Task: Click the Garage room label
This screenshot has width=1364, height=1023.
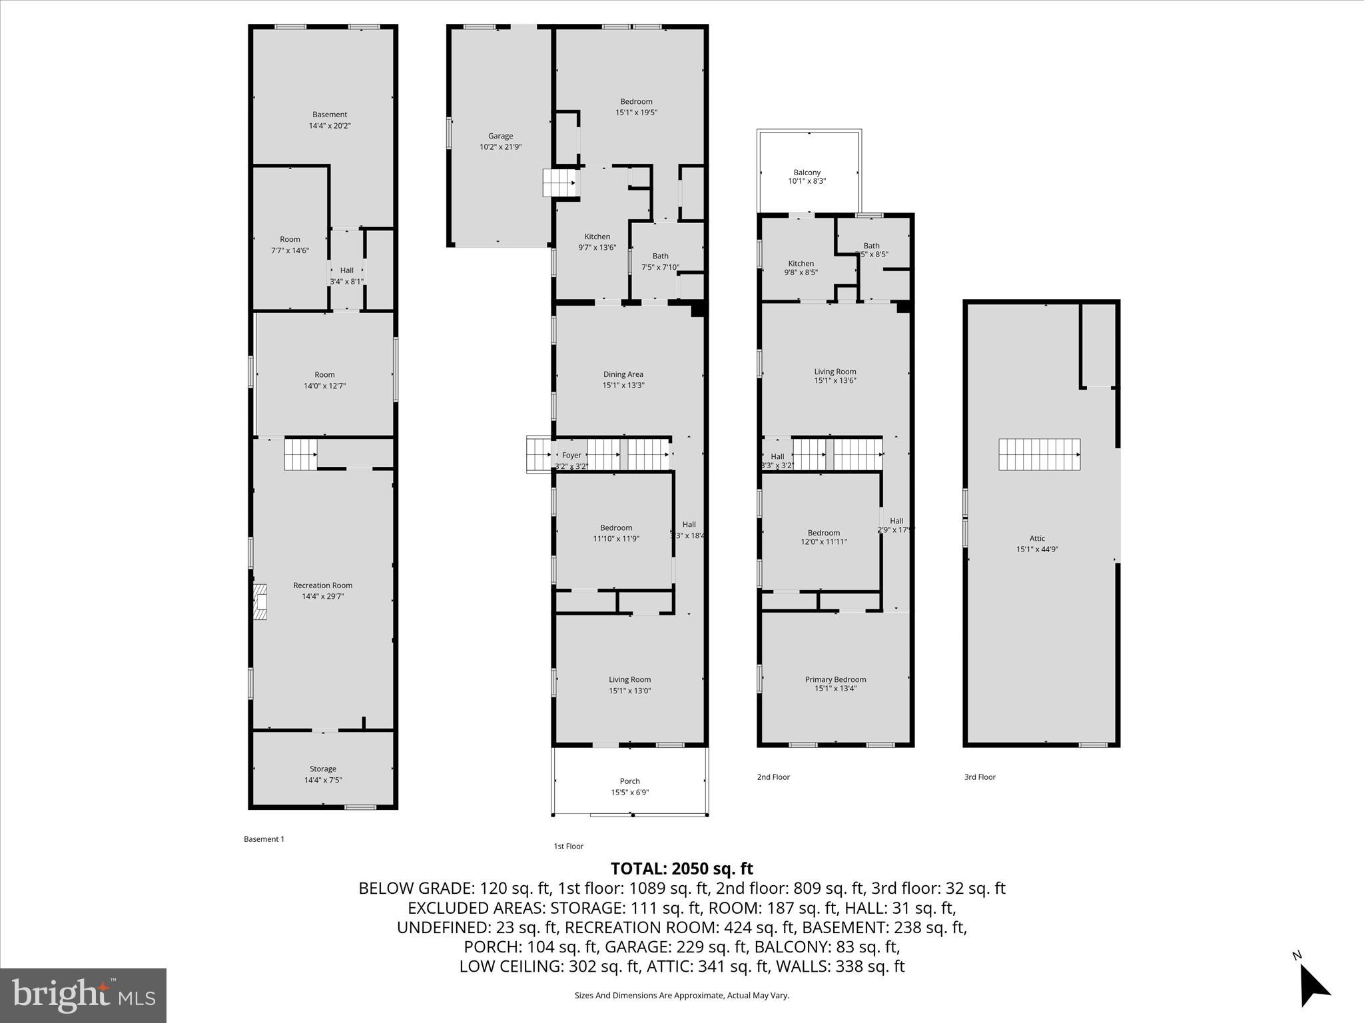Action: click(500, 136)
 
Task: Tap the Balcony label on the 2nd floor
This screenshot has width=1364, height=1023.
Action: click(807, 172)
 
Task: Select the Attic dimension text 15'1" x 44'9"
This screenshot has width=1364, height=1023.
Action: click(1037, 549)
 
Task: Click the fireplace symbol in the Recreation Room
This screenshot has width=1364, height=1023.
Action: click(260, 602)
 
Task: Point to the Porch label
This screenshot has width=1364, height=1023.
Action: click(629, 781)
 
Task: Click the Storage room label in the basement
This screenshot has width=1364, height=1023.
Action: click(322, 769)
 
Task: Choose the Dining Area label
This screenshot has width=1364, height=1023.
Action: click(623, 374)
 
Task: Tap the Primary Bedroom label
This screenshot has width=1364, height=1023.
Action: click(835, 679)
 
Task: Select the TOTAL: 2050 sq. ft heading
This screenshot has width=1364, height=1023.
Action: click(681, 868)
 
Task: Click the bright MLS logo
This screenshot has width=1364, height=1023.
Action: click(83, 995)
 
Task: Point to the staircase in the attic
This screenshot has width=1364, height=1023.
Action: click(1038, 454)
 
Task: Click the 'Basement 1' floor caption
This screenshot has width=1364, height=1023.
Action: click(264, 839)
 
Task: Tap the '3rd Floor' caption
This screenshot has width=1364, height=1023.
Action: click(980, 777)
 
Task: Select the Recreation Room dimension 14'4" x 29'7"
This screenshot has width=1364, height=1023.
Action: click(322, 596)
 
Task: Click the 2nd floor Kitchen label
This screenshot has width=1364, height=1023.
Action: click(801, 264)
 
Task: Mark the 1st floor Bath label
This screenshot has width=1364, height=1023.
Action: click(660, 256)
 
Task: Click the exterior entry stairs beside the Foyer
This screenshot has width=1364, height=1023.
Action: click(539, 454)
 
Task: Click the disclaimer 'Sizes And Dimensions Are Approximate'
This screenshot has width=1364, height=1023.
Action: click(681, 995)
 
